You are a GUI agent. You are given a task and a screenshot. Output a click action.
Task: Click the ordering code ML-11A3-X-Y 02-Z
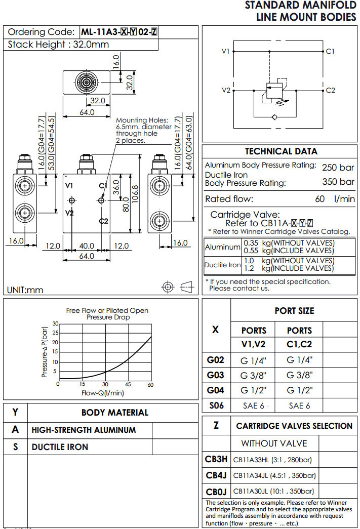pos(119,32)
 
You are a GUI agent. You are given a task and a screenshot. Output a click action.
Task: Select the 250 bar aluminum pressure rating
pos(338,167)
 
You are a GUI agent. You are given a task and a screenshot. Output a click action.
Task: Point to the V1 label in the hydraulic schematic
pos(226,52)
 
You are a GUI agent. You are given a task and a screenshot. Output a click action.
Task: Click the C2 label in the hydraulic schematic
pos(330,91)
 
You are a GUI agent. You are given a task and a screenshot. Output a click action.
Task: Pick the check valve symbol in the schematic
pos(274,117)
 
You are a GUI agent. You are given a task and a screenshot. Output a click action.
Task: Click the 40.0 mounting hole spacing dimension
pos(87,246)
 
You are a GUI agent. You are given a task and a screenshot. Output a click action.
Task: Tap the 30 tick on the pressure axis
pos(56,323)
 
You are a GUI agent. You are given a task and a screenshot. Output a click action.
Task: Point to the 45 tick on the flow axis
pos(128,385)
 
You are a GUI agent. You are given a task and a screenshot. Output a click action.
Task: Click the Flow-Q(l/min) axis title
pos(103,393)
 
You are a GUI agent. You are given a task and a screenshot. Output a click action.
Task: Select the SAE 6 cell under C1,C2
pos(299,405)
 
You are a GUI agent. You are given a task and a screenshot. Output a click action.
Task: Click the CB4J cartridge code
pos(216,475)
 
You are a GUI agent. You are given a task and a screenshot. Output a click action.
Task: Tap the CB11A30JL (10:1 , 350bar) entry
pos(273,491)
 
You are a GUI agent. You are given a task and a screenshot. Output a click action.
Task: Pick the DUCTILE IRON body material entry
pos(60,447)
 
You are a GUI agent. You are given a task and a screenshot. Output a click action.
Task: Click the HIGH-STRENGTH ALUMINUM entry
pos(84,430)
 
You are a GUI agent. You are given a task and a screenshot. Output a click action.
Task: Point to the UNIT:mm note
pos(25,290)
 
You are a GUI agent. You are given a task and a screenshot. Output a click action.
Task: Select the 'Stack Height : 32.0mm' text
pos(58,45)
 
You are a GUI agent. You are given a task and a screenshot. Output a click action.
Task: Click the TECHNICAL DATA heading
pos(281,151)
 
